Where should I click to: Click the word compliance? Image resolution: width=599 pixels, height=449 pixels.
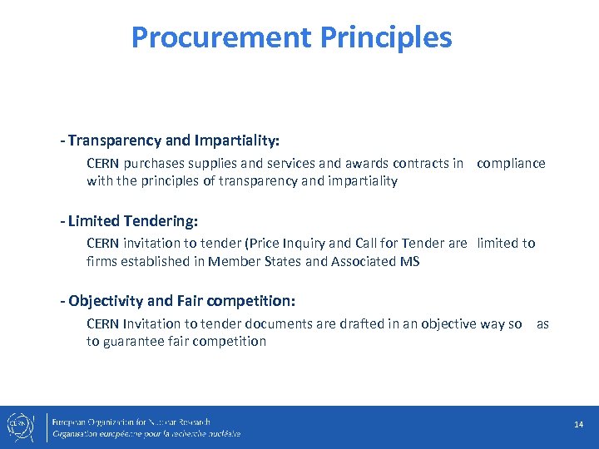tap(511, 164)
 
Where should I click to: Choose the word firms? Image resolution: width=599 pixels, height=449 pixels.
tap(103, 262)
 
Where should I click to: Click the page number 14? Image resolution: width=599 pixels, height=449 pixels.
tap(578, 425)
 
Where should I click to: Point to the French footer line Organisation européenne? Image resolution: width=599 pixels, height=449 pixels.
tap(146, 433)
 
